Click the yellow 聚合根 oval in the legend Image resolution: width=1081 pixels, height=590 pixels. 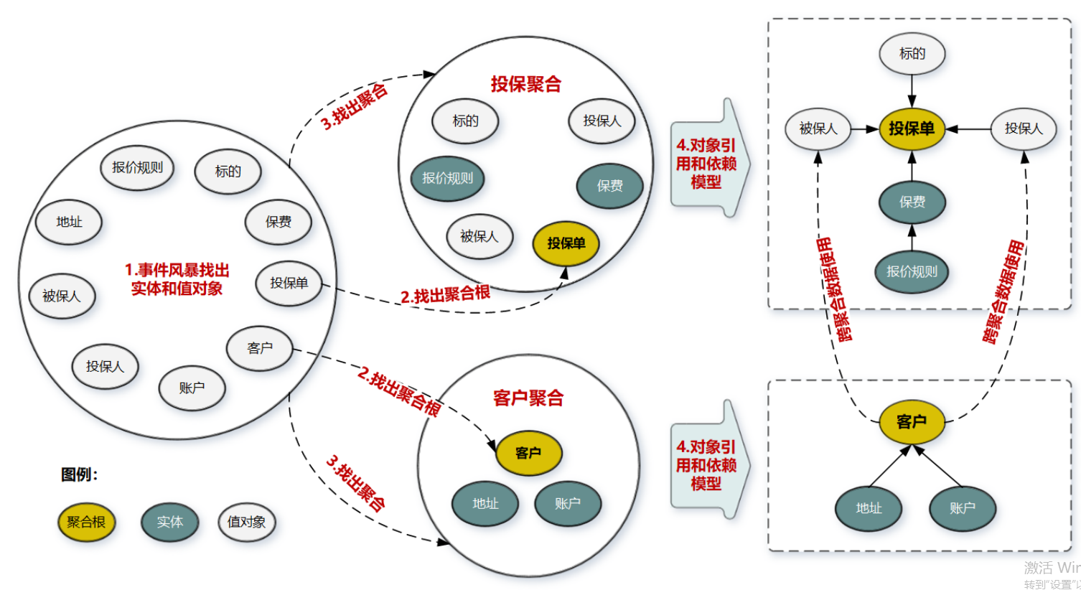86,522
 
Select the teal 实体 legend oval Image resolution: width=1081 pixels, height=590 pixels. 169,522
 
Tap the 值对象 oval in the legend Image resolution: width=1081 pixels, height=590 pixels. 246,522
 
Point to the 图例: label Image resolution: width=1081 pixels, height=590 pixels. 80,474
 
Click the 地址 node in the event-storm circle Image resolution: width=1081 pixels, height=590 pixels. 69,222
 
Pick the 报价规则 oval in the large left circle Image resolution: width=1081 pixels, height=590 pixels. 137,167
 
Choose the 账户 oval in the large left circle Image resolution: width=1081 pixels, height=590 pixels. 192,388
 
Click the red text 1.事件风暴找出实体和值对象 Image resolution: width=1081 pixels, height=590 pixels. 177,279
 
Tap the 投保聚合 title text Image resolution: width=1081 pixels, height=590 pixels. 525,84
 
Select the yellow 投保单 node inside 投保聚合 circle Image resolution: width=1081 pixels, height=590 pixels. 566,243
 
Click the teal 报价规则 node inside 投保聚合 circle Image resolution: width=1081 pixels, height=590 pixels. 447,178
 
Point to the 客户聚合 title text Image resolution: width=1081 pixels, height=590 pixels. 528,398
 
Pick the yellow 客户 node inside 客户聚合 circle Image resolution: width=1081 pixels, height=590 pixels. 528,453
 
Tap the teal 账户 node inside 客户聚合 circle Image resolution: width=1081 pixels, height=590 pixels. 567,503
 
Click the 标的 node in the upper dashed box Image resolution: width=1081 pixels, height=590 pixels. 912,53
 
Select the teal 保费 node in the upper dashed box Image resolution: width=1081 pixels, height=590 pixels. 912,202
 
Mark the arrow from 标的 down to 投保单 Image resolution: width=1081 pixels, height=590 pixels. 912,90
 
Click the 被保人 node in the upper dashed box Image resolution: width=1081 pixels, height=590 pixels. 818,128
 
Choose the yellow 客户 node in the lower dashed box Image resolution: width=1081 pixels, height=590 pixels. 912,421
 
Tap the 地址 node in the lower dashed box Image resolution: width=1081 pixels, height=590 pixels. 869,508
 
